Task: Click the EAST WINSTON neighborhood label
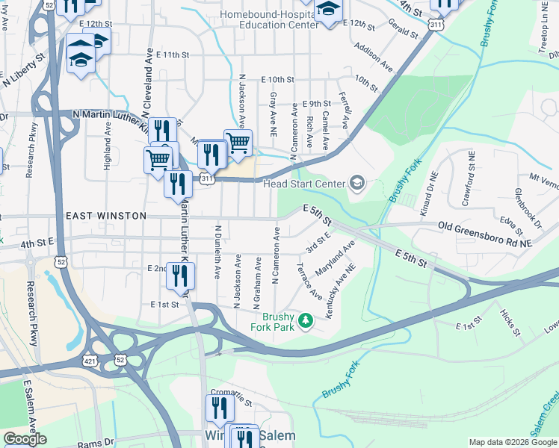[x=106, y=216]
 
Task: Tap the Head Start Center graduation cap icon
[x=357, y=183]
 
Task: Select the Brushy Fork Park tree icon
[x=305, y=322]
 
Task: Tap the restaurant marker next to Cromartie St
[x=218, y=408]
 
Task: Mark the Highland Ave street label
[x=108, y=145]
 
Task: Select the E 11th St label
[x=164, y=55]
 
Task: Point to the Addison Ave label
[x=373, y=57]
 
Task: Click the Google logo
[x=25, y=439]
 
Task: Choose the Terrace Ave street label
[x=309, y=281]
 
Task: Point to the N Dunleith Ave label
[x=217, y=252]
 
